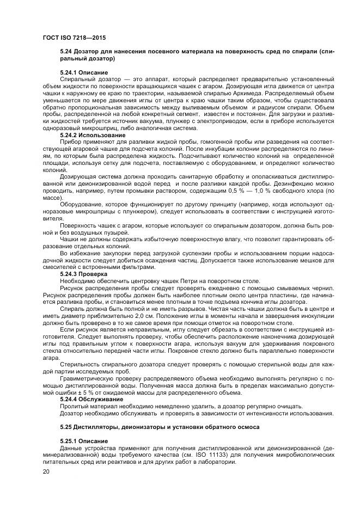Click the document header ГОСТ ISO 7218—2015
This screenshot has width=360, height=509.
pyautogui.click(x=74, y=39)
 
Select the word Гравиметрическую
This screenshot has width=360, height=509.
pyautogui.click(x=89, y=380)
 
